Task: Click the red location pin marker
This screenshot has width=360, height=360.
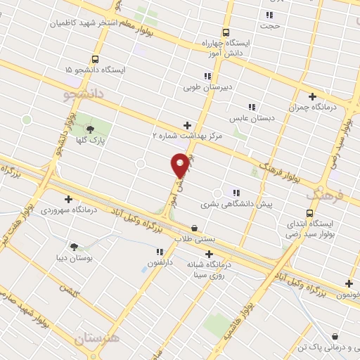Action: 180,165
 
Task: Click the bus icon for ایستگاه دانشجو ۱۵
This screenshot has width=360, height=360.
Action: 95,60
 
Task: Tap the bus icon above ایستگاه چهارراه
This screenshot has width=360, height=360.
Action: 226,32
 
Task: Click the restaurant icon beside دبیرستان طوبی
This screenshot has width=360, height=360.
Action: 207,76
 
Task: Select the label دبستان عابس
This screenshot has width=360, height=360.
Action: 256,118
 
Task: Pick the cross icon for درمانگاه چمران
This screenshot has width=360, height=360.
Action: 312,96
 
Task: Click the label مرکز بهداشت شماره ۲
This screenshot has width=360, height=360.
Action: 187,135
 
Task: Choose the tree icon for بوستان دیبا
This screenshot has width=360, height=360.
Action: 74,246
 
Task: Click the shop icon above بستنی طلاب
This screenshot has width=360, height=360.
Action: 195,228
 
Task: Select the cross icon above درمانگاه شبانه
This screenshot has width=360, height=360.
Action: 209,254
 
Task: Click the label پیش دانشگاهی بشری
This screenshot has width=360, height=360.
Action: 236,205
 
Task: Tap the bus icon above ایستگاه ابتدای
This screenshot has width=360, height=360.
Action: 309,213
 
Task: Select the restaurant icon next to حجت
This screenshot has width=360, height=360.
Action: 269,15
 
